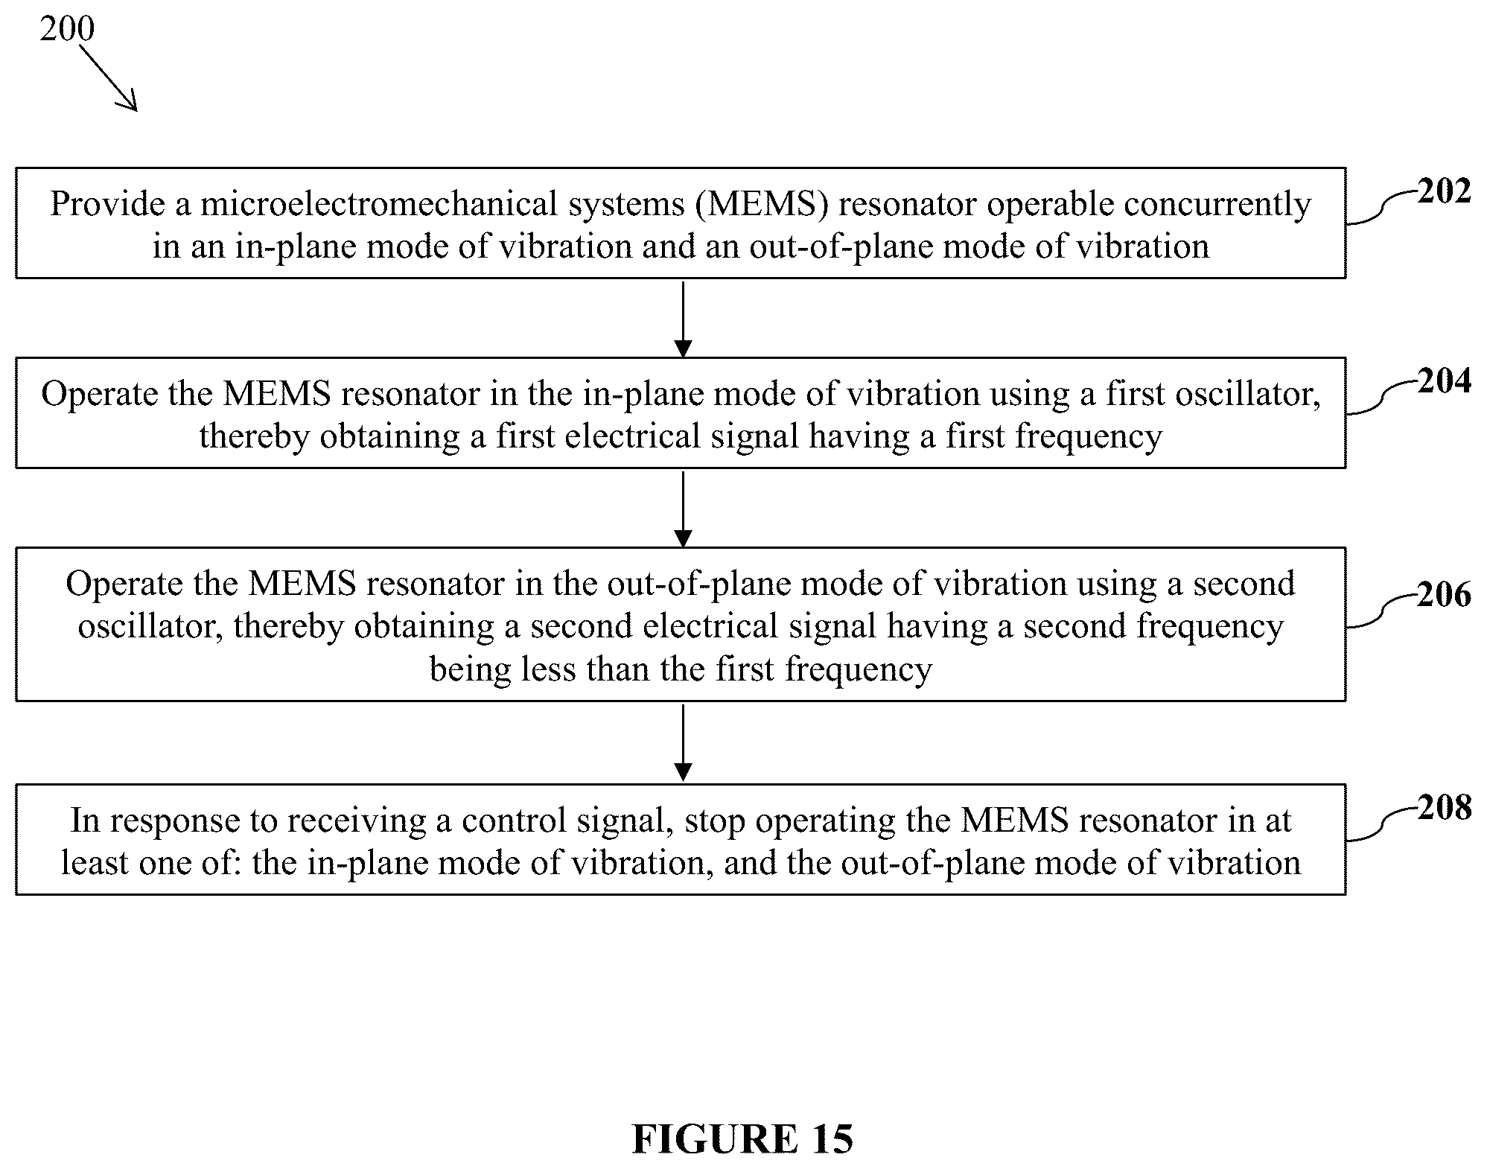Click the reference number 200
67,28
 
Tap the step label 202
1445,191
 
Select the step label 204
1445,381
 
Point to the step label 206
1445,595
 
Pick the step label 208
1445,808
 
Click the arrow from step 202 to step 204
682,319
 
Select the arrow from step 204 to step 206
682,509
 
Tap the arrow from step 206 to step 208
682,742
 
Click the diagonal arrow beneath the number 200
108,78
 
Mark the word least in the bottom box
93,864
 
